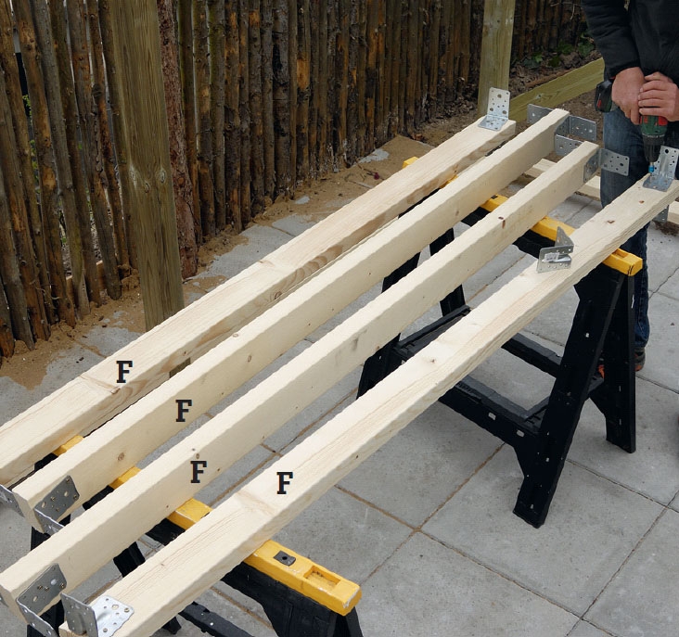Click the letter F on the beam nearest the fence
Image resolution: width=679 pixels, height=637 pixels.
(124, 372)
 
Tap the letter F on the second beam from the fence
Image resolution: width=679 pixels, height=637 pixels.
(184, 411)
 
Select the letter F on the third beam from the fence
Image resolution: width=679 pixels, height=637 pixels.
(199, 472)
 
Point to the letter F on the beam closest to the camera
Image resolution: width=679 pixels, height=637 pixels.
(285, 483)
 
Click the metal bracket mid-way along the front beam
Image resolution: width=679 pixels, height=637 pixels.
(556, 253)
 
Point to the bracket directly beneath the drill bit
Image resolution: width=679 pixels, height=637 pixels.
(660, 170)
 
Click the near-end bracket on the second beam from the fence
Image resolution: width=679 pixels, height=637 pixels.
(56, 504)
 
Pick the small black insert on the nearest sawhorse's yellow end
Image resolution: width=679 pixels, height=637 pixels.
(285, 558)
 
